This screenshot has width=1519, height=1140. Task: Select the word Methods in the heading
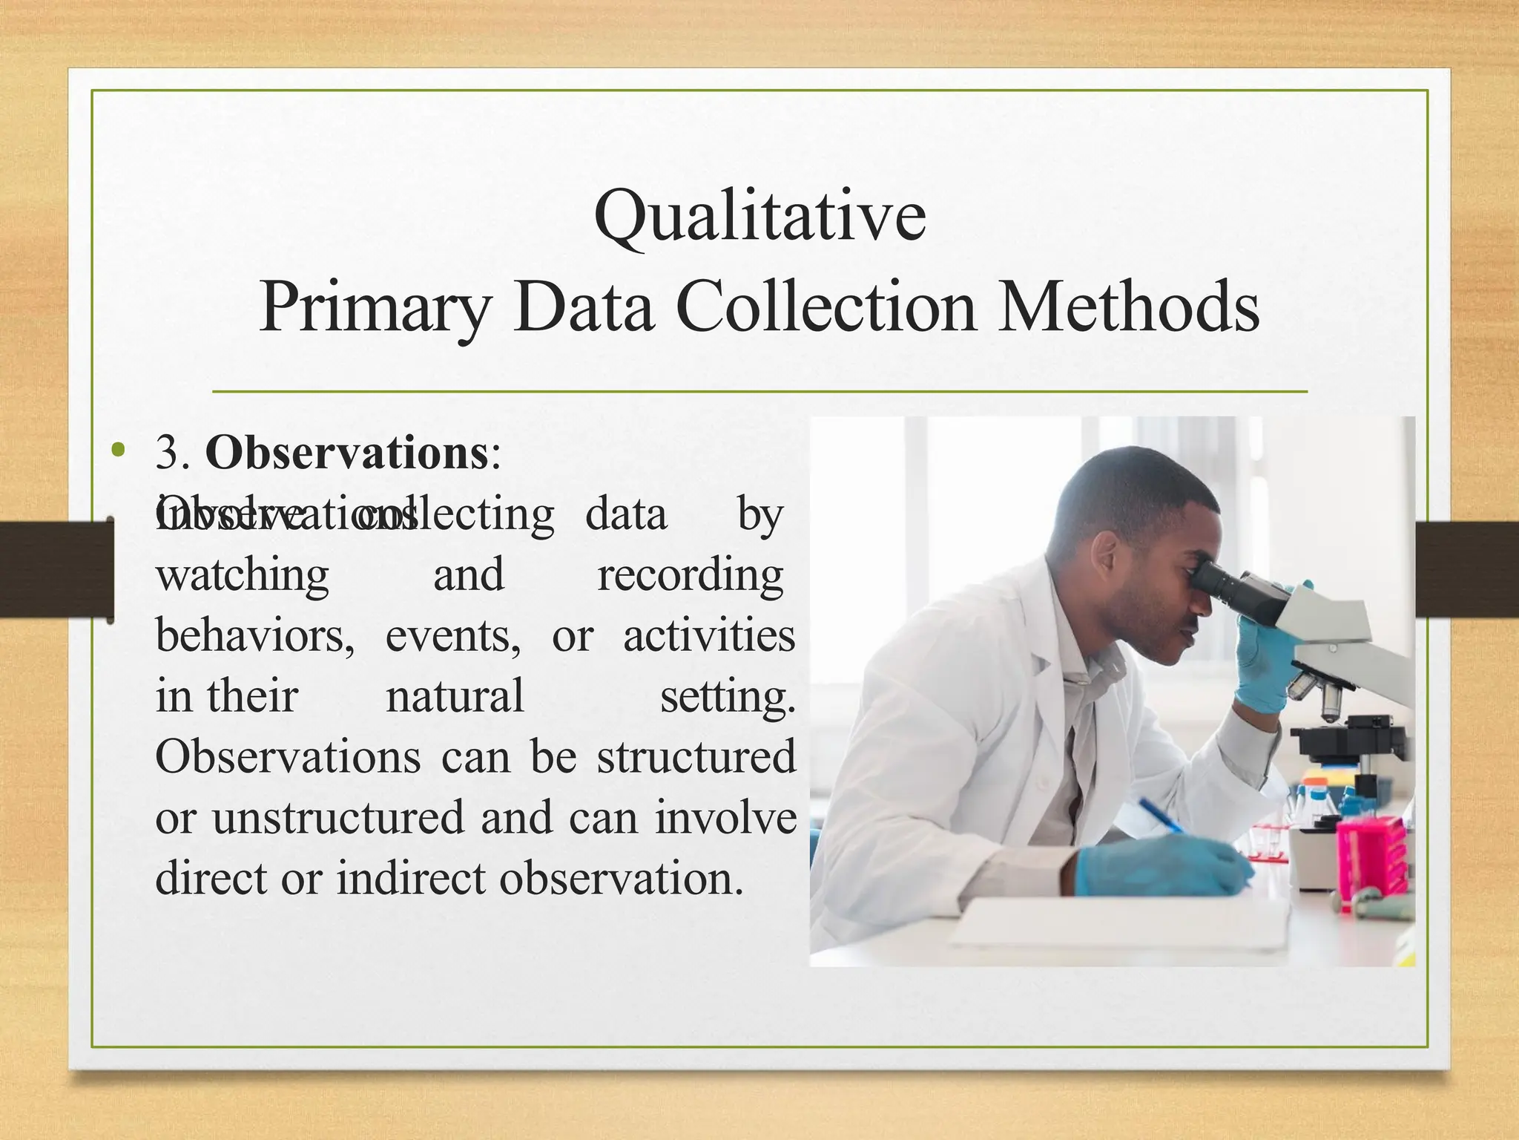pos(1128,307)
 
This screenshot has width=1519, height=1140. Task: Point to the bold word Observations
pos(346,453)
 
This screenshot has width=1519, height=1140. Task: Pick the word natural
pos(455,697)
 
